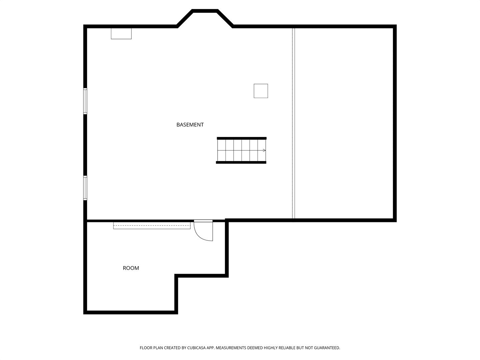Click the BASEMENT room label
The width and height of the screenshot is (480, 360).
tap(190, 125)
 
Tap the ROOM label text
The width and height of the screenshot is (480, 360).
tap(131, 268)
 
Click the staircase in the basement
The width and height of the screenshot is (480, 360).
tap(241, 150)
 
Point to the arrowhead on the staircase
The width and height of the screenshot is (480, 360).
tap(264, 150)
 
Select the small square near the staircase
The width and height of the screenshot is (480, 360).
tap(261, 91)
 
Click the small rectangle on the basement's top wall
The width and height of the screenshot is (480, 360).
tap(121, 34)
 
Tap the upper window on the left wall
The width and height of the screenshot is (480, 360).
tap(85, 101)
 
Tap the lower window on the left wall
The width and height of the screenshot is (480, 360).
tap(85, 188)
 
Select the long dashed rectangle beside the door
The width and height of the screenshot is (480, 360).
tap(152, 226)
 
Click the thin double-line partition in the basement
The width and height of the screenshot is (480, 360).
tap(293, 123)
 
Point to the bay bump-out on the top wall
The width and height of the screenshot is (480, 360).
tap(205, 11)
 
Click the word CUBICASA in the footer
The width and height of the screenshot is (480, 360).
tap(196, 348)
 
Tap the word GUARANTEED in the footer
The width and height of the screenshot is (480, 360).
tap(327, 348)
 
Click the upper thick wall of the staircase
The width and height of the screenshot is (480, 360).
tap(242, 138)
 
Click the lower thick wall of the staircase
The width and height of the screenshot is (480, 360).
tap(241, 162)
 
